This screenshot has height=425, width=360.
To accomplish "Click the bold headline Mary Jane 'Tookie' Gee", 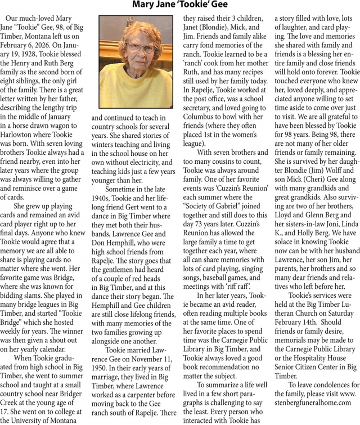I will click(179, 5).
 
